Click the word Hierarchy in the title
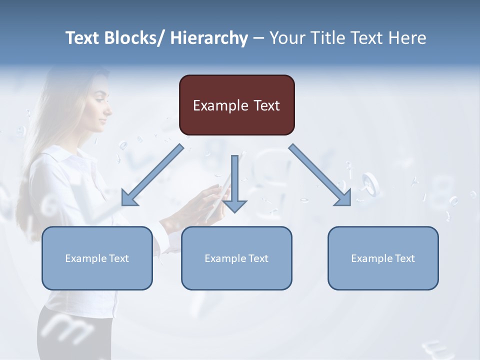[x=209, y=38]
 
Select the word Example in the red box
[x=219, y=106]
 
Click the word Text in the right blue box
[x=404, y=258]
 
